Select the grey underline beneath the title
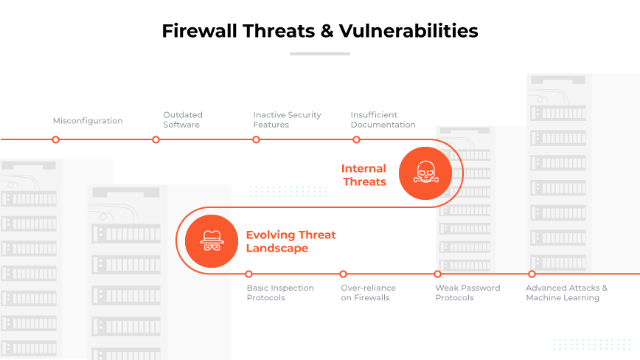319,53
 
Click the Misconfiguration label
88,120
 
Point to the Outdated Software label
183,120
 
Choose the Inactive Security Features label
287,120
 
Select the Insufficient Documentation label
383,120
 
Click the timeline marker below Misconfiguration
55,139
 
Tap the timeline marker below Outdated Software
156,139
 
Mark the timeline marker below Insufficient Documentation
356,139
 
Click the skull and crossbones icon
425,174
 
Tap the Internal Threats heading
364,176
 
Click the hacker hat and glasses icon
212,241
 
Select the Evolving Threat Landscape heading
291,241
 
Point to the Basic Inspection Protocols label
280,293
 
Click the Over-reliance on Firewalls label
368,293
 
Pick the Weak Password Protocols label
467,293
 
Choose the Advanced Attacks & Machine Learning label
566,293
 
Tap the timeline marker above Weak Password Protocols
437,274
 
